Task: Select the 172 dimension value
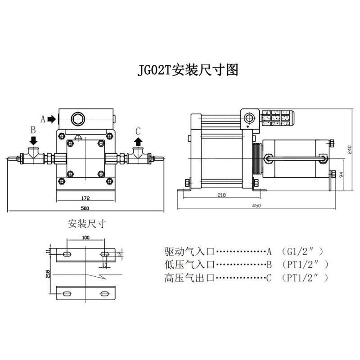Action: (86, 198)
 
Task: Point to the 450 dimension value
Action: (256, 205)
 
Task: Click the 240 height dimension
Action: (350, 150)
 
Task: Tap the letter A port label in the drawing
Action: (43, 119)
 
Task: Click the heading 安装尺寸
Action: (86, 224)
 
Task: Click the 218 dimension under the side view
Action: (221, 195)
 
